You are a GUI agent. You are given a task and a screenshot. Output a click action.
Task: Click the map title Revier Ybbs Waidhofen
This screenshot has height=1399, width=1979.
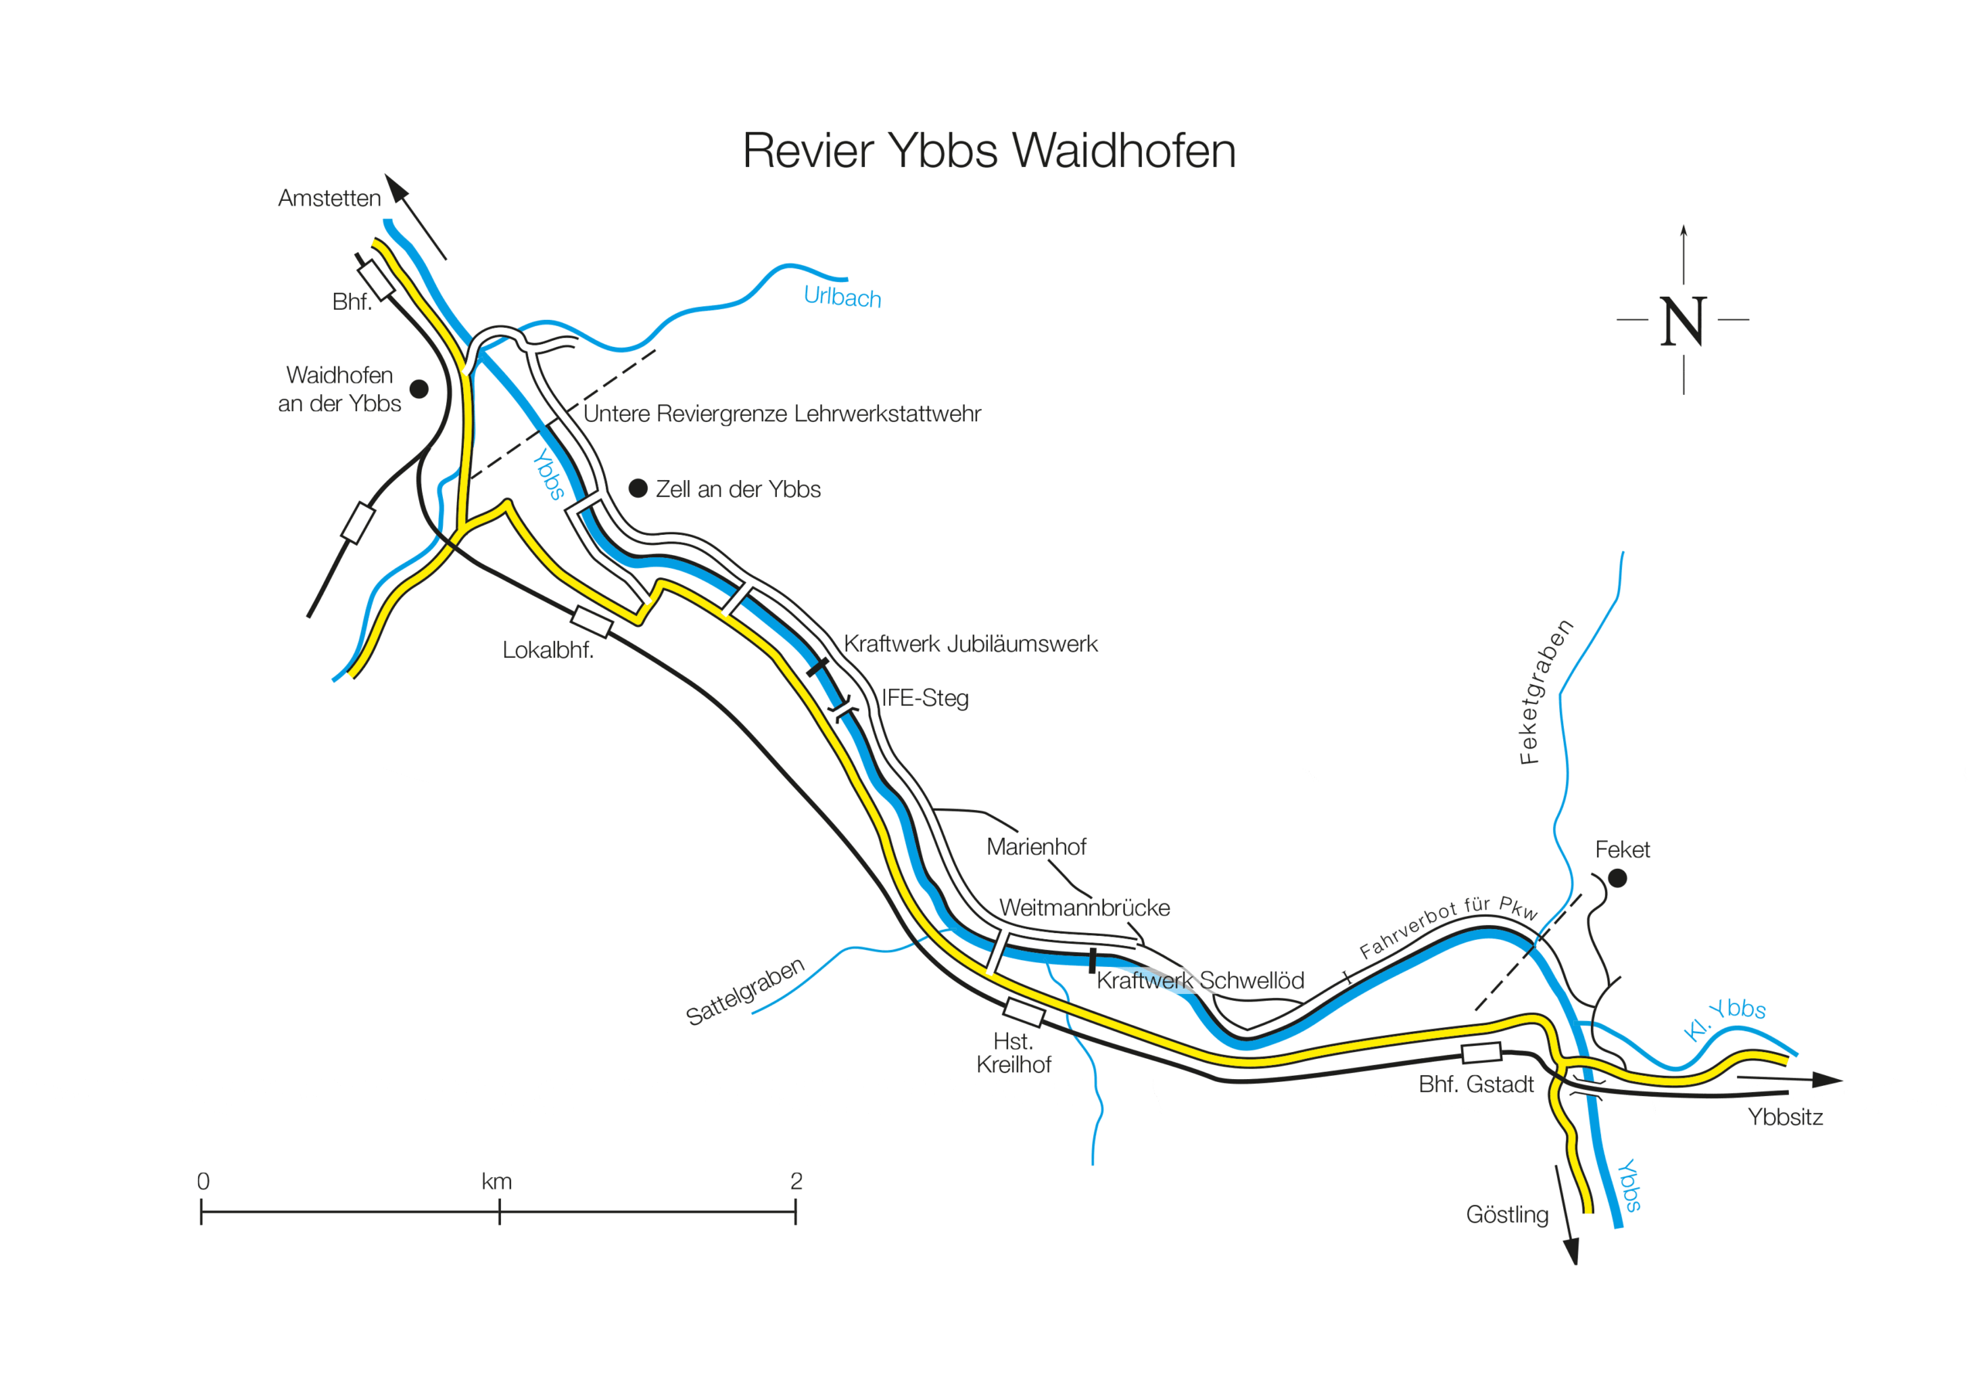tap(989, 151)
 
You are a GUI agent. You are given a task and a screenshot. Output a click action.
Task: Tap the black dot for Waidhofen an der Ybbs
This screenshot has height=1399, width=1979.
tap(419, 389)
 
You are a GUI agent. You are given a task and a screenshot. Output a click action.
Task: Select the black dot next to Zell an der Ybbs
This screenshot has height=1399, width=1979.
tap(638, 488)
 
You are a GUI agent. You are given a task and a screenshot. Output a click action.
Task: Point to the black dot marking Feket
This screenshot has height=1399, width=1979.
tap(1617, 877)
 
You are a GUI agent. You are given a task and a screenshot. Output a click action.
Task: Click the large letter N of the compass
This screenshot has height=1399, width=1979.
tap(1682, 322)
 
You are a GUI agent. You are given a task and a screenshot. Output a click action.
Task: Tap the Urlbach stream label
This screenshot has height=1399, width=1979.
tap(842, 297)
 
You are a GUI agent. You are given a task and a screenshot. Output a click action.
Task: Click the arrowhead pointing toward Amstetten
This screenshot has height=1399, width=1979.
tap(396, 187)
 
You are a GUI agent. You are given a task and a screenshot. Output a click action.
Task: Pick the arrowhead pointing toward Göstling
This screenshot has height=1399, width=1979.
tap(1572, 1250)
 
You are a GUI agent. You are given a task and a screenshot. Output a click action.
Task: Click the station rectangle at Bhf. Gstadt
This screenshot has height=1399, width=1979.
tap(1482, 1053)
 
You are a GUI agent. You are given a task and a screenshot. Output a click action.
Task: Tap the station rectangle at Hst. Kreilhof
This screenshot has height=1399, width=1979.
tap(1024, 1012)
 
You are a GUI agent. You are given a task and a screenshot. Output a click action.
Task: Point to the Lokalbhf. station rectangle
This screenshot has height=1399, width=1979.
tap(591, 621)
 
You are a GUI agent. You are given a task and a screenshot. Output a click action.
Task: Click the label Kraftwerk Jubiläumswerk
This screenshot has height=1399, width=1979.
tap(969, 644)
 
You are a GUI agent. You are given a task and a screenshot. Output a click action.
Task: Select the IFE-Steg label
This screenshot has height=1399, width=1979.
tap(925, 697)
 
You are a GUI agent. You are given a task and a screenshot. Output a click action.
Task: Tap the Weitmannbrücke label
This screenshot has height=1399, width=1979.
tap(1085, 907)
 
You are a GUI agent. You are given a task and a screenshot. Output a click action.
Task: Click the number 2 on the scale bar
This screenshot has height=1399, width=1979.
tap(796, 1181)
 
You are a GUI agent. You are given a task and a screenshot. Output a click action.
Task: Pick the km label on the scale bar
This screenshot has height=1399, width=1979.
tap(496, 1181)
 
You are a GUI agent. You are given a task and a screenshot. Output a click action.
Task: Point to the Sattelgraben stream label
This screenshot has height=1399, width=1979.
tap(744, 992)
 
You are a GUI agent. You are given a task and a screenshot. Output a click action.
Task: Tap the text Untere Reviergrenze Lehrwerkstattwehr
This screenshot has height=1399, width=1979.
tap(782, 414)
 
